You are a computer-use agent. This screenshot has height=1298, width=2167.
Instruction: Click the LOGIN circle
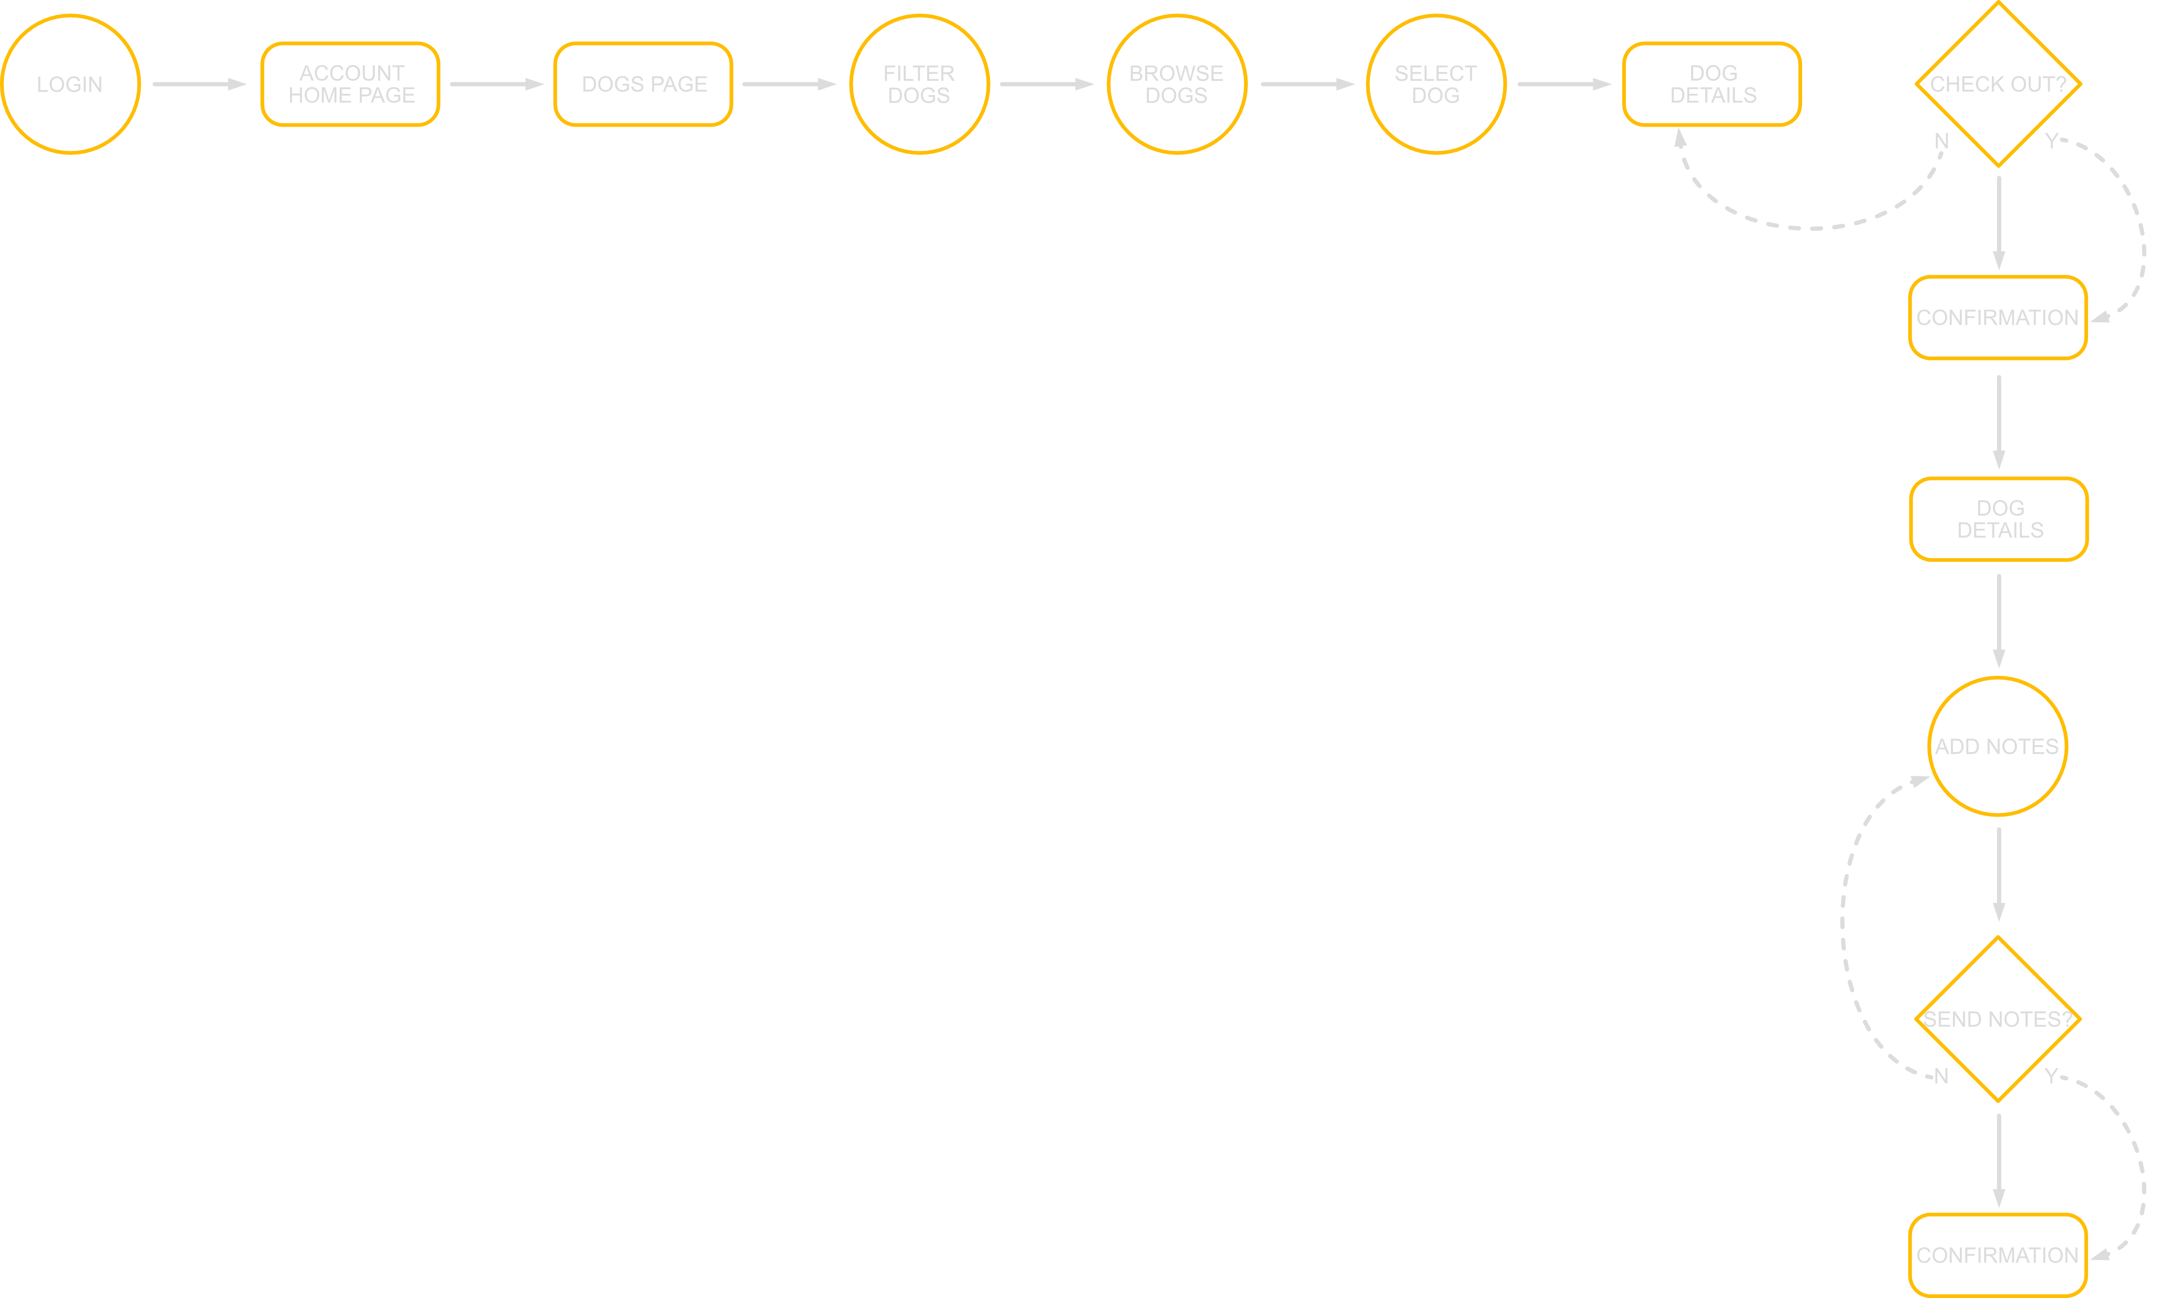[70, 84]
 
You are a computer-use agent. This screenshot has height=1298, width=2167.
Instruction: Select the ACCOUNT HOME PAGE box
[351, 84]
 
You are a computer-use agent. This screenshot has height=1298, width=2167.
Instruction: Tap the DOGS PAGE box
[644, 84]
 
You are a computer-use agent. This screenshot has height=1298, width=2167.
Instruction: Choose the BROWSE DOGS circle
[1176, 84]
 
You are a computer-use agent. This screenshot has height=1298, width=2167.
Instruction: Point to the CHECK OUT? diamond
[1998, 84]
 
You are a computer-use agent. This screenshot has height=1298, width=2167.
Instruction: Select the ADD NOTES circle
[1997, 746]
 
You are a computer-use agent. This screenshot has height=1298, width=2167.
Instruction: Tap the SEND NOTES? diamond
[1998, 1019]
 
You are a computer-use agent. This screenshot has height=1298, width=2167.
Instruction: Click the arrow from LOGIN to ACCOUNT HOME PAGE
[200, 84]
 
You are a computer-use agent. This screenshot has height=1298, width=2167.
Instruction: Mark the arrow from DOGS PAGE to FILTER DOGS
[789, 84]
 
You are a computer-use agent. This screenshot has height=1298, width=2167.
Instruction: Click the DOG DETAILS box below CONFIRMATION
[1999, 519]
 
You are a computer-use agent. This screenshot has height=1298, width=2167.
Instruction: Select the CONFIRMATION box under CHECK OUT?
[1997, 318]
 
